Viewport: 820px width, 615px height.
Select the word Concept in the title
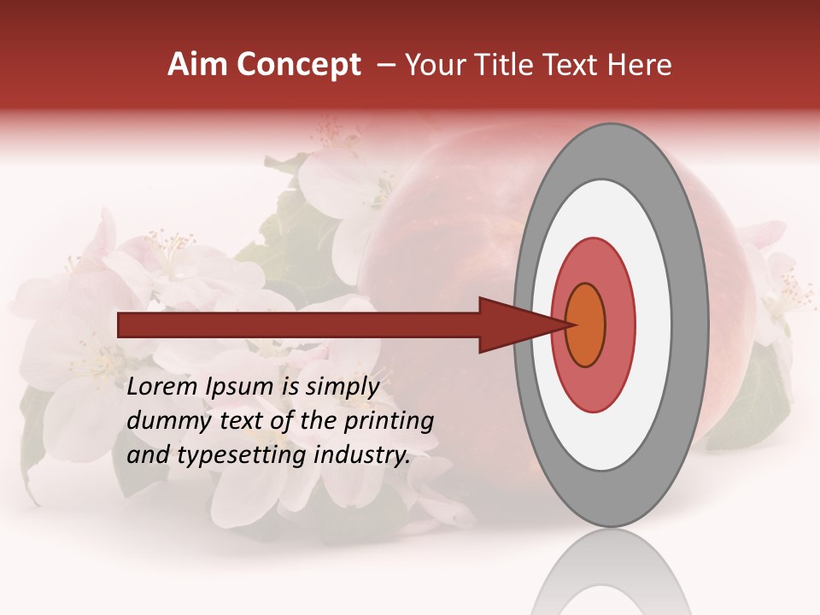point(298,65)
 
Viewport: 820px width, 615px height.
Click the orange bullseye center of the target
point(585,325)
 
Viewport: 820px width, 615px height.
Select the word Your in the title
point(432,65)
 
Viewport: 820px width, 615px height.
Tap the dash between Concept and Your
point(385,66)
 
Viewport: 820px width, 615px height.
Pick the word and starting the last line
point(148,455)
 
